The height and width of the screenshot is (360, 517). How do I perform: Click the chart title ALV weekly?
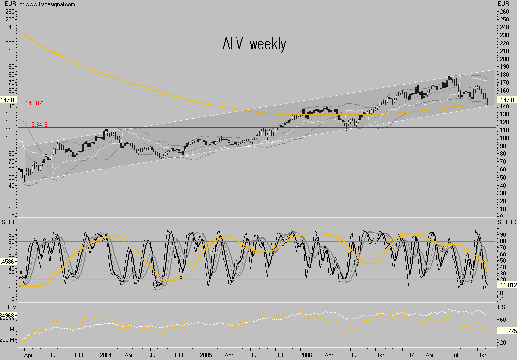[254, 44]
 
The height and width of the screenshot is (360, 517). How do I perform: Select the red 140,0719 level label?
[37, 103]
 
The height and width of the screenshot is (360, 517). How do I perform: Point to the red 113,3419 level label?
[37, 125]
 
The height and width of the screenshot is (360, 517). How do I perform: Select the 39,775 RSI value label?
[506, 331]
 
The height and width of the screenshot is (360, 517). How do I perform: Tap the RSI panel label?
[502, 307]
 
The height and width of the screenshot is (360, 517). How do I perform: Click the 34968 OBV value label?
[8, 316]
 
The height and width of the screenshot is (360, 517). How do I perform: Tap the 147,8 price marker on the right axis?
[505, 100]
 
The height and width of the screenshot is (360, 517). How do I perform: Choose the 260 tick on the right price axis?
[502, 11]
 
